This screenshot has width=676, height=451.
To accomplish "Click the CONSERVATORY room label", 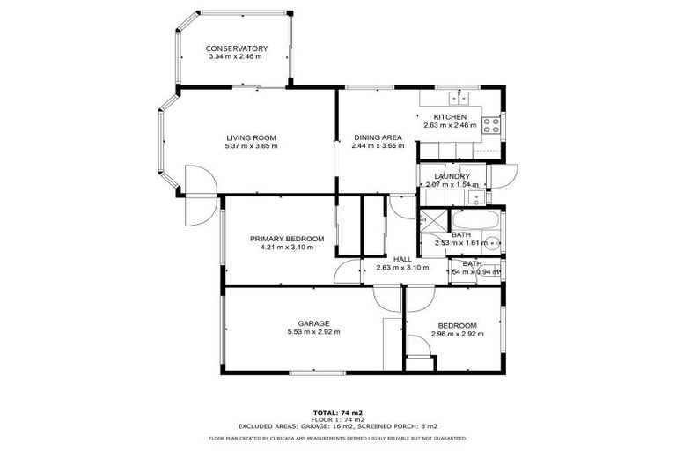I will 237,48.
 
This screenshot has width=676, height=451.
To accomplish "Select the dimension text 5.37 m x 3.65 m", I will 251,146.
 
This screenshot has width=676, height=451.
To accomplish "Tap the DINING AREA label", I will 378,137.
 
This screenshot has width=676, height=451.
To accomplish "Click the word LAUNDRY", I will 452,176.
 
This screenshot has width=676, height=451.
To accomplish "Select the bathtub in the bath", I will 475,220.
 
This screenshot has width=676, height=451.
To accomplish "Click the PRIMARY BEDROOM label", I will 286,239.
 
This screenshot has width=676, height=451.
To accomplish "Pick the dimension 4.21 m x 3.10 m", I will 286,248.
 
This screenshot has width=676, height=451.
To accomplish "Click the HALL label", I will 402,259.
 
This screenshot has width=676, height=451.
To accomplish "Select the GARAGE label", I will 313,323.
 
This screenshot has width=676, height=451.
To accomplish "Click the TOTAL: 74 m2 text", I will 338,412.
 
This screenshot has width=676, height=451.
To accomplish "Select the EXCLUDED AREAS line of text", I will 338,425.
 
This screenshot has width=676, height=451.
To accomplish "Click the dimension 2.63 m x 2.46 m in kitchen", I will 449,126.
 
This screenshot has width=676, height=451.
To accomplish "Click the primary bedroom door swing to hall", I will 349,271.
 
